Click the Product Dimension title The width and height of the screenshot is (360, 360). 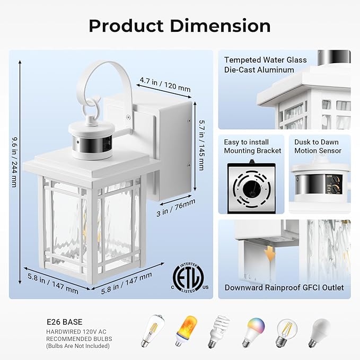coord(180,25)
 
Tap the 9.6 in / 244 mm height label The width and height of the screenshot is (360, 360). coord(14,162)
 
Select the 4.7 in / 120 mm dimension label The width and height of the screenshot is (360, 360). coord(165,84)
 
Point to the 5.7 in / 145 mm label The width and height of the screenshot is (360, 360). coord(201,145)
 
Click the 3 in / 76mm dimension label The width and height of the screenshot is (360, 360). coord(176,208)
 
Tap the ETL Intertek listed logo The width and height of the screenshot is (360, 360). coord(189,278)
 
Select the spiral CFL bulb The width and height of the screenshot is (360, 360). coord(218,331)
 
